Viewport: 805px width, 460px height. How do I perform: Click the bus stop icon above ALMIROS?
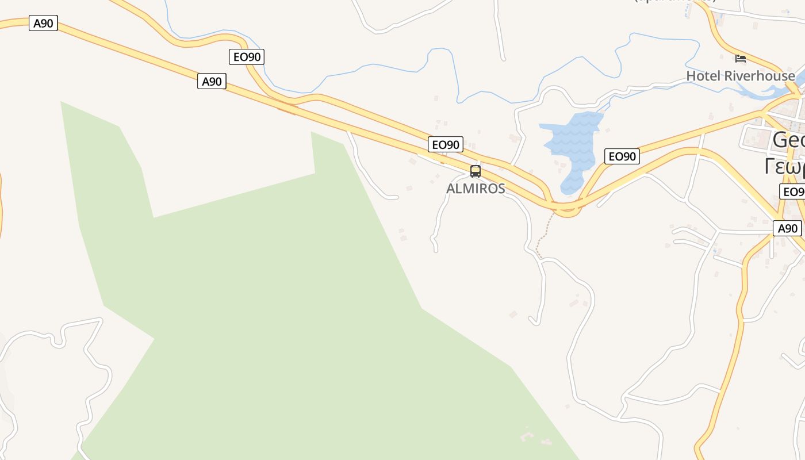pos(476,171)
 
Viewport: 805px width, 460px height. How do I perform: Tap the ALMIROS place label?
pos(476,189)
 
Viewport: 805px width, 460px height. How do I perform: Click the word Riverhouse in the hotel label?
pos(760,76)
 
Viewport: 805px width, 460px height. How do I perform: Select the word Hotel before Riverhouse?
pos(703,76)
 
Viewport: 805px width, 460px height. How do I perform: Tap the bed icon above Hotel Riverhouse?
pos(741,59)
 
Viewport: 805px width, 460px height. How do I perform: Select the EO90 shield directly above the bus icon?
pos(446,144)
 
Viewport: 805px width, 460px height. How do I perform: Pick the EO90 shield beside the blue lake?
pos(622,156)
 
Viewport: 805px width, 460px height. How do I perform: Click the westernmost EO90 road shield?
pos(247,57)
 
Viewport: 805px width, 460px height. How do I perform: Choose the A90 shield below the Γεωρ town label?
pos(787,228)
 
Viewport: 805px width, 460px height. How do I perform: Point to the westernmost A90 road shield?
pos(44,24)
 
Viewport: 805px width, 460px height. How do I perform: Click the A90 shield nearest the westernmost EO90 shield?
pos(212,81)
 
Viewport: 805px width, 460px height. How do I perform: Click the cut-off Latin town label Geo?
pos(788,140)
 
